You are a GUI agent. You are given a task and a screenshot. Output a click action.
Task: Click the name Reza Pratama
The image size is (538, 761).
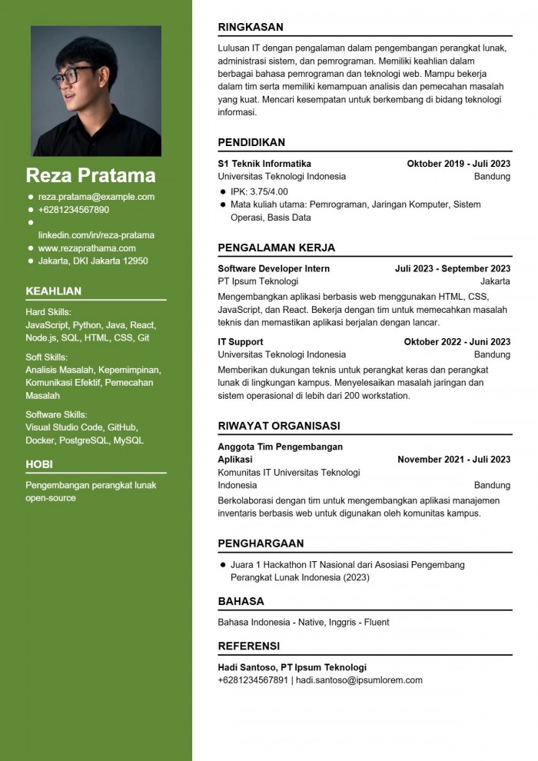click(91, 175)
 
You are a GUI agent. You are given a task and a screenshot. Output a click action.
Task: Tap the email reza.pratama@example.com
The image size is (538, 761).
click(96, 197)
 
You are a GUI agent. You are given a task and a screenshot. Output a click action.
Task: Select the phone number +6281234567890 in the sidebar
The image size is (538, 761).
click(74, 210)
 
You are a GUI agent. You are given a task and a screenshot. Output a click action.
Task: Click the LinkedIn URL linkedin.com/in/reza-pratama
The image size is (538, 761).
click(96, 235)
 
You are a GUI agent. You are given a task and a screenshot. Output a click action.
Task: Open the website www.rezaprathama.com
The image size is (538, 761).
click(87, 248)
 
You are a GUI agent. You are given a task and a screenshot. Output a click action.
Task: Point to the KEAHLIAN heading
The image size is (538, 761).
click(53, 291)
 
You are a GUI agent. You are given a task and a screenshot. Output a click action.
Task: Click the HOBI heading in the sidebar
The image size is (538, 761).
click(39, 464)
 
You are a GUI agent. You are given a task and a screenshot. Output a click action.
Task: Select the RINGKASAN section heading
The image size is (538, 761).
click(251, 27)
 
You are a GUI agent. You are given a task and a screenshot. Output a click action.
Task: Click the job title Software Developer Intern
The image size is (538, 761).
click(274, 269)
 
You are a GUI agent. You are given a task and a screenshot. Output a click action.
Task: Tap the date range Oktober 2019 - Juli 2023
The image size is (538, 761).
click(458, 164)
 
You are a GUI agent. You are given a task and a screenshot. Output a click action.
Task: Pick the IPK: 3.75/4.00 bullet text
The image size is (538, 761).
click(259, 191)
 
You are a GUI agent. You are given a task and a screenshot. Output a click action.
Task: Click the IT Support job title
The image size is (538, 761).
click(241, 342)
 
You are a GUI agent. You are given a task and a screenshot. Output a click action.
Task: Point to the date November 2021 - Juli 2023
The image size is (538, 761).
click(453, 460)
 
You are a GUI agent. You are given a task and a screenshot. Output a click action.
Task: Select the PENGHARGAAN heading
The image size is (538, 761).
click(261, 543)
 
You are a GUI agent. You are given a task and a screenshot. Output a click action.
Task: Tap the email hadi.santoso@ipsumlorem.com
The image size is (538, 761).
click(359, 680)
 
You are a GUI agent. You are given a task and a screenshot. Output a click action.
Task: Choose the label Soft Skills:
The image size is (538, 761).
click(46, 357)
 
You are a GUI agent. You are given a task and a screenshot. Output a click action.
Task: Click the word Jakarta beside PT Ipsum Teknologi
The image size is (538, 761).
click(495, 282)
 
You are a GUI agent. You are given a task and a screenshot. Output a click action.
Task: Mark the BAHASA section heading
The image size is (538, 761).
click(241, 601)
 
